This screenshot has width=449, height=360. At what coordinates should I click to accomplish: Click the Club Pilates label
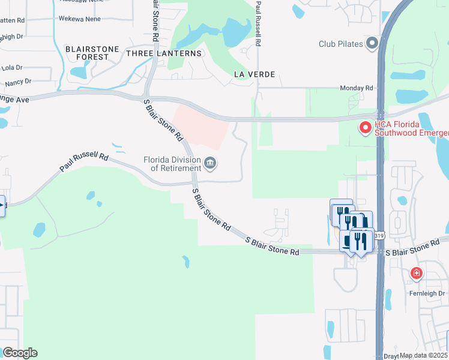(341, 44)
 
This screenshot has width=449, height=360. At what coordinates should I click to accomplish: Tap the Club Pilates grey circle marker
(372, 43)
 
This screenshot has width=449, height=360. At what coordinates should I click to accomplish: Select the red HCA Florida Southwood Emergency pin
(364, 127)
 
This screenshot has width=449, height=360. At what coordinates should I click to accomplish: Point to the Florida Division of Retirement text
(172, 164)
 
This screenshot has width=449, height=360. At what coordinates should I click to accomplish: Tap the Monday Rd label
(356, 88)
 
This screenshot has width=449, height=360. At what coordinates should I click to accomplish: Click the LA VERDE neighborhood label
(255, 74)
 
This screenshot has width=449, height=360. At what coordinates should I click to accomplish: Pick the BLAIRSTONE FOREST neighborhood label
(88, 53)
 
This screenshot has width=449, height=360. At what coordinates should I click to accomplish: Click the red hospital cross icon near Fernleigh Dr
(416, 274)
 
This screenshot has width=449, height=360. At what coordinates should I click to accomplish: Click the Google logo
(20, 352)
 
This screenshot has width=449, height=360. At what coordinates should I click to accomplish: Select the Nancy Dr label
(18, 81)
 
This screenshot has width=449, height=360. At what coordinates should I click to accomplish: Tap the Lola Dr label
(11, 68)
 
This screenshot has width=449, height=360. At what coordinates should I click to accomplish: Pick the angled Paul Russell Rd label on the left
(83, 163)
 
